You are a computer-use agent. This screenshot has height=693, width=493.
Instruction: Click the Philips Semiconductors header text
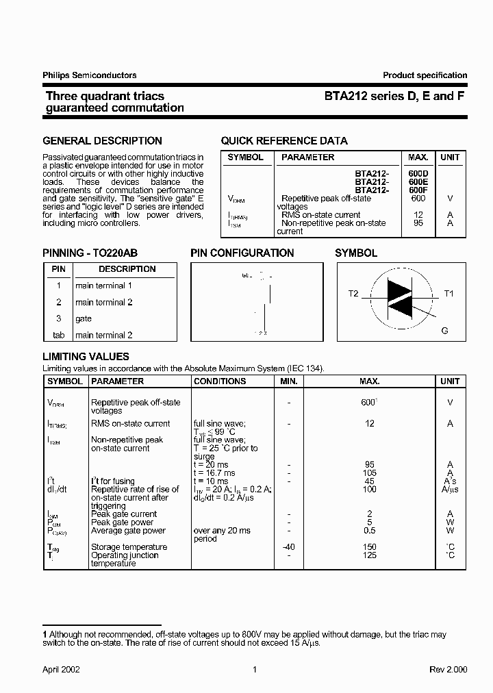[90, 75]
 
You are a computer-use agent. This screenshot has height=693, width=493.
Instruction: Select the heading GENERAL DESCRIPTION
[103, 141]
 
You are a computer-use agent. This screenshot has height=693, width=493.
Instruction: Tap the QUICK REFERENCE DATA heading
[284, 141]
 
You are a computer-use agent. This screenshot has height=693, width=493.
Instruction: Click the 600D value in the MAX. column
[418, 174]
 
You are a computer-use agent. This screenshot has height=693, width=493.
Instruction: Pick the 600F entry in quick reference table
[418, 190]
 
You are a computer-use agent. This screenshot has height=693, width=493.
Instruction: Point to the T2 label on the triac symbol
[353, 293]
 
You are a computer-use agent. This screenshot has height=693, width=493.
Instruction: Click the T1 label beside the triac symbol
[449, 293]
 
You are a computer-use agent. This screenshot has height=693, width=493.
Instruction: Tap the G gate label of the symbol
[444, 331]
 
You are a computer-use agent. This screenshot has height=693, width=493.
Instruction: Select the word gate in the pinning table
[84, 318]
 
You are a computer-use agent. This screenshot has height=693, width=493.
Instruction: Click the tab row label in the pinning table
[58, 335]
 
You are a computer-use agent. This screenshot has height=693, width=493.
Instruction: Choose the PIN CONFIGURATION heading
[242, 253]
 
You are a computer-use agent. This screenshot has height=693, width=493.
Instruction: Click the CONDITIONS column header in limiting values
[220, 381]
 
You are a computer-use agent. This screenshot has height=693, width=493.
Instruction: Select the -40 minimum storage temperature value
[289, 547]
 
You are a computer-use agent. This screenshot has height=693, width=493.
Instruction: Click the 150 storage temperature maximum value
[370, 547]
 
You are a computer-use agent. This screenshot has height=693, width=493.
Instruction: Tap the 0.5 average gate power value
[370, 531]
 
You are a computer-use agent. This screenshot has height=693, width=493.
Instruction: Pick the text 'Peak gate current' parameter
[124, 514]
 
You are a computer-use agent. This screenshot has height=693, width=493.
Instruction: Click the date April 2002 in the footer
[62, 669]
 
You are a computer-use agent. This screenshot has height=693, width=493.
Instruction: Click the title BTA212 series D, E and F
[395, 97]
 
